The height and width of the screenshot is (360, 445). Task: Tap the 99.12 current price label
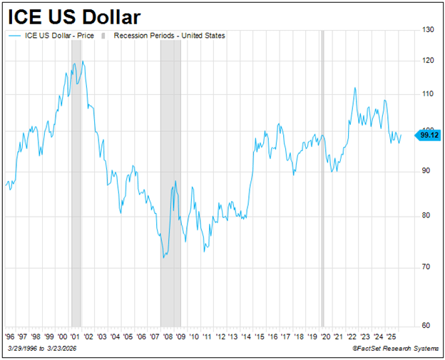point(429,134)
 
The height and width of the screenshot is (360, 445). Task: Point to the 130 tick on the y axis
point(427,29)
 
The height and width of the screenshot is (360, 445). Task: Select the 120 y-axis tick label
point(427,61)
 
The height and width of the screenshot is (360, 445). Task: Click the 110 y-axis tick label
point(427,94)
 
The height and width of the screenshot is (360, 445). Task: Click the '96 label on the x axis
point(10,335)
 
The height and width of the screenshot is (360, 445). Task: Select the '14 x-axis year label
point(247,335)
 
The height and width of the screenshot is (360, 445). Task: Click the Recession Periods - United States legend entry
point(168,36)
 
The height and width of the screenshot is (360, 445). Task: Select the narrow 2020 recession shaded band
point(322,178)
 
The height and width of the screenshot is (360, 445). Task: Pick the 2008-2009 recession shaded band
point(170,178)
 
